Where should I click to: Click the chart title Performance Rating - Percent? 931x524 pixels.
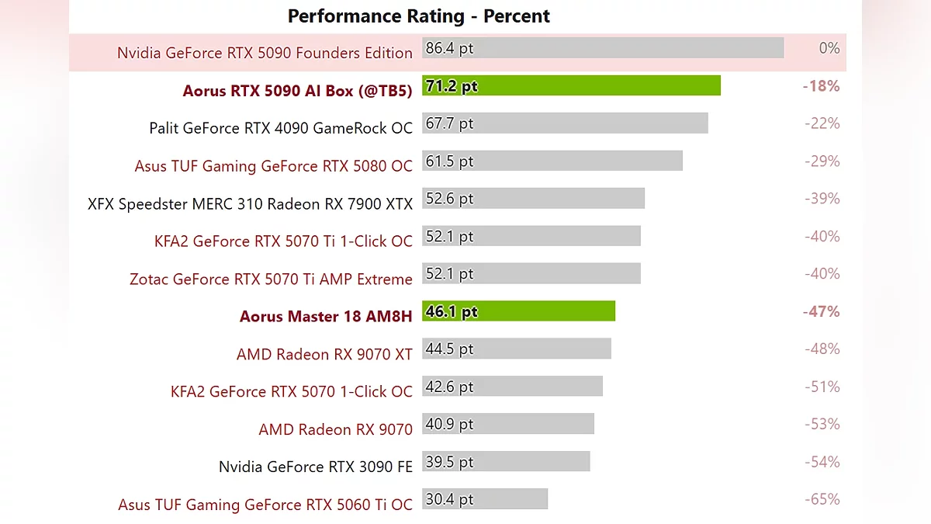[x=418, y=16]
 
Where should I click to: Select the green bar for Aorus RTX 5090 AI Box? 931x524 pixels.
[x=571, y=85]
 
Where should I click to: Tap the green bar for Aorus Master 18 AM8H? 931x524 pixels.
[x=518, y=311]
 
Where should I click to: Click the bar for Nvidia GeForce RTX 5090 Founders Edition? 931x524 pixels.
[x=603, y=48]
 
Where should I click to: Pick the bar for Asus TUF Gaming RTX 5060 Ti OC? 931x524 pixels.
[x=485, y=499]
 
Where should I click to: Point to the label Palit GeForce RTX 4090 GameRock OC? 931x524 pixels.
[x=281, y=128]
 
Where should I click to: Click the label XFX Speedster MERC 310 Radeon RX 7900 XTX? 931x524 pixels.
[x=250, y=203]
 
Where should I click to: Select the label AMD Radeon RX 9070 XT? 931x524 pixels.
[x=324, y=354]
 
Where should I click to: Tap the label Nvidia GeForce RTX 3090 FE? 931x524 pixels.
[x=316, y=467]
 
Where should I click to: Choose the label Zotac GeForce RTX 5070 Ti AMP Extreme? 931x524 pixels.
[x=271, y=279]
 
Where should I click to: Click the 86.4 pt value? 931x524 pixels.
[x=449, y=48]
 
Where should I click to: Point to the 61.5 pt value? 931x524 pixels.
[x=449, y=161]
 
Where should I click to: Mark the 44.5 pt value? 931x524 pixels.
[x=449, y=349]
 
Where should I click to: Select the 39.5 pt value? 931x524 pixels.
[x=449, y=462]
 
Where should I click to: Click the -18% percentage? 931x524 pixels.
[x=821, y=85]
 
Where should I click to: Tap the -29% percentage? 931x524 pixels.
[x=822, y=161]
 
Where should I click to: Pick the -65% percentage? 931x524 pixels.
[x=822, y=499]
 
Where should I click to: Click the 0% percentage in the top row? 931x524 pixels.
[x=829, y=48]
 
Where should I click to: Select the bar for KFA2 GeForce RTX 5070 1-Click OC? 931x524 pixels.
[x=512, y=387]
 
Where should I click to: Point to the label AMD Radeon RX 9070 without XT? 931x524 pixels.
[x=335, y=429]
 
